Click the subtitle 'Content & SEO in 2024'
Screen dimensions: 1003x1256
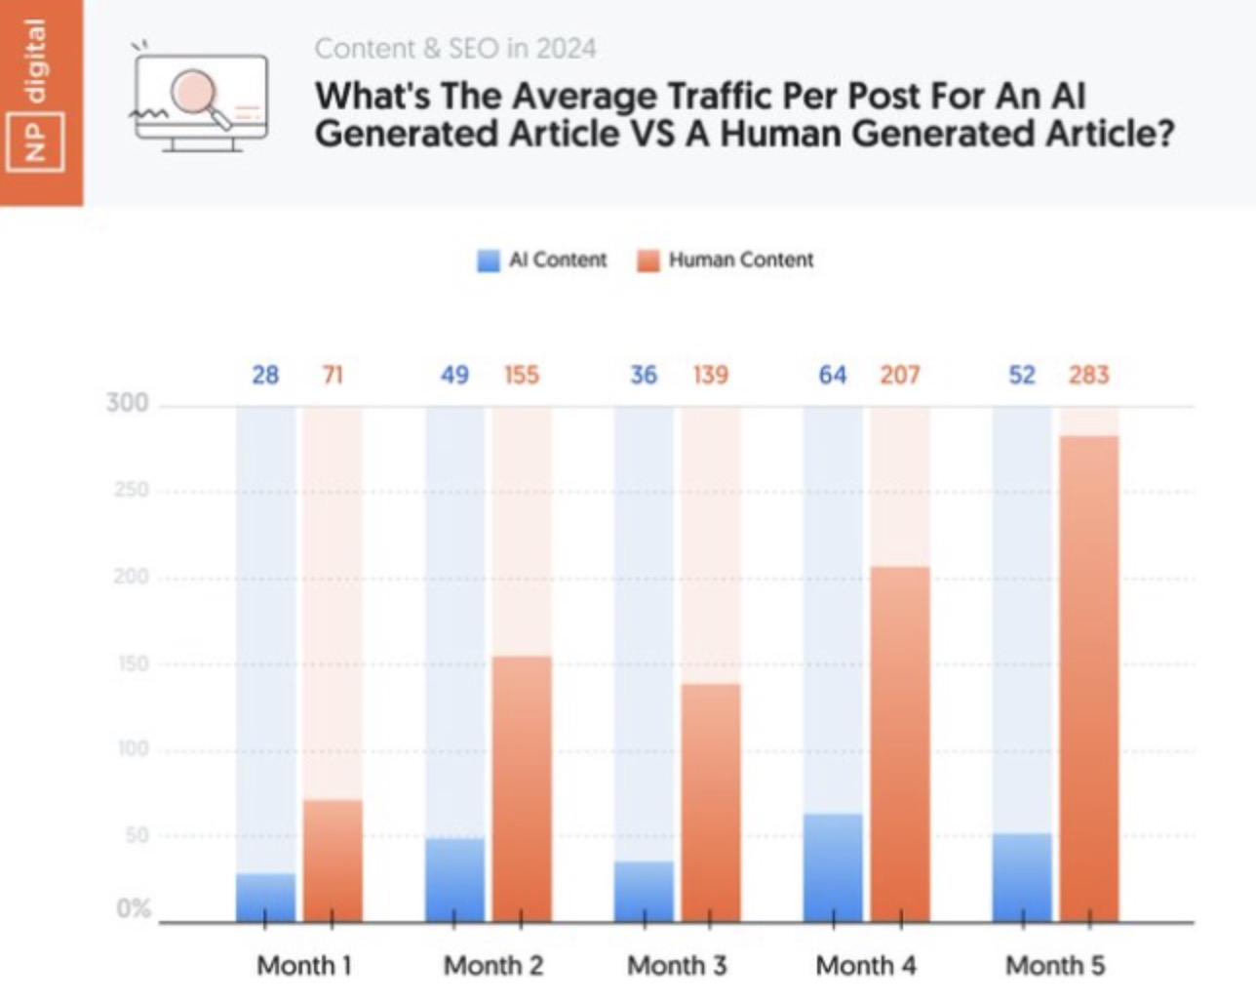tap(454, 48)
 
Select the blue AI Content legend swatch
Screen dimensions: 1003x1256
tap(489, 261)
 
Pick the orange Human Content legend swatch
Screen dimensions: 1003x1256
tap(648, 261)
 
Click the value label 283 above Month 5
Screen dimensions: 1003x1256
tap(1088, 375)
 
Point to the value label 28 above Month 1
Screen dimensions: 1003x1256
tap(265, 375)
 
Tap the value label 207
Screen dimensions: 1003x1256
tap(899, 375)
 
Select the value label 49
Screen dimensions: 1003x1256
tap(454, 375)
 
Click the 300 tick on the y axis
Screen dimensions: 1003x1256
tap(128, 403)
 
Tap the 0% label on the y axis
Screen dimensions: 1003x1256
tap(134, 908)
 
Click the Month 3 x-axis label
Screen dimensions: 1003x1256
tap(677, 965)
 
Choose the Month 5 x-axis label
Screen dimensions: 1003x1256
tap(1055, 965)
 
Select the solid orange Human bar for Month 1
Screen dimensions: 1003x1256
tap(333, 861)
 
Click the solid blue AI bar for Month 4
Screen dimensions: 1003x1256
tap(833, 867)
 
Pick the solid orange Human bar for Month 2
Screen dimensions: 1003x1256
tap(522, 788)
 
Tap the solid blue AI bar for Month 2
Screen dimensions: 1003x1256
tap(454, 879)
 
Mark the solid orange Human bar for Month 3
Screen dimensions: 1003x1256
tap(710, 802)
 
